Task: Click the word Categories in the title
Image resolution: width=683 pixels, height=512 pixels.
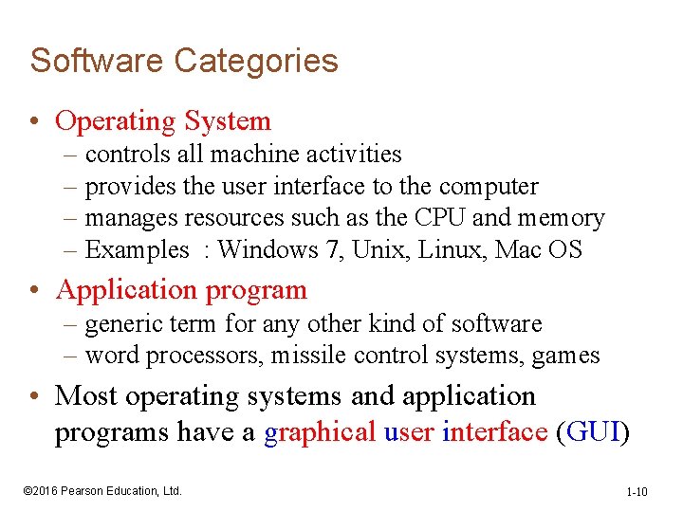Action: pyautogui.click(x=256, y=61)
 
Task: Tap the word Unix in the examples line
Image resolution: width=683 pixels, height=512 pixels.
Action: pyautogui.click(x=389, y=250)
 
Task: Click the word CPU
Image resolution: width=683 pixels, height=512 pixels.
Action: pyautogui.click(x=440, y=218)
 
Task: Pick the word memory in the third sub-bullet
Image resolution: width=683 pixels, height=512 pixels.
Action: pyautogui.click(x=561, y=219)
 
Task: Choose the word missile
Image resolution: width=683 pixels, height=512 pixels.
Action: pyautogui.click(x=307, y=356)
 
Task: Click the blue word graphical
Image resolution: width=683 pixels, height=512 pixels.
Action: pyautogui.click(x=320, y=432)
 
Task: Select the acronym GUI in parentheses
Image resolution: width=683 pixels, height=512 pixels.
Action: pyautogui.click(x=593, y=432)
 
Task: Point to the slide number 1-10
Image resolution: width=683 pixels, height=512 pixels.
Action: pyautogui.click(x=637, y=491)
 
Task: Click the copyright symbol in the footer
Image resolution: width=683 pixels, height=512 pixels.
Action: pyautogui.click(x=28, y=490)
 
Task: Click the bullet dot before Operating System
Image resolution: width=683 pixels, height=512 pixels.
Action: pyautogui.click(x=35, y=122)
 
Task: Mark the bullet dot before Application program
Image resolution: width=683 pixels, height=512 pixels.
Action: pyautogui.click(x=35, y=290)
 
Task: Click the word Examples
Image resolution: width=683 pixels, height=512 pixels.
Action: pyautogui.click(x=138, y=250)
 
